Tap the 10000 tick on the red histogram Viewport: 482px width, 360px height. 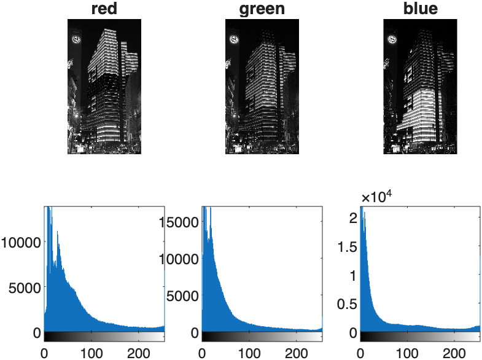point(21,242)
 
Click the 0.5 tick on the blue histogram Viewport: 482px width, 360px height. point(347,304)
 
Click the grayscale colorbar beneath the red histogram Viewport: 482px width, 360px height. point(104,337)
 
